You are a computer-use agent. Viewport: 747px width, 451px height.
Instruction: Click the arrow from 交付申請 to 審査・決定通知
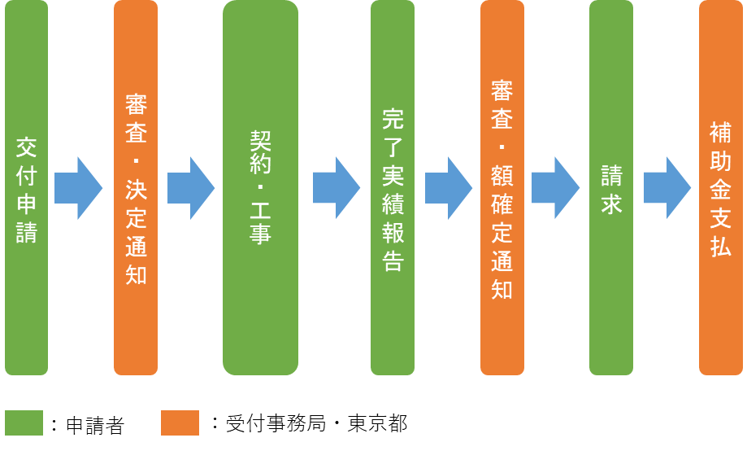coord(79,188)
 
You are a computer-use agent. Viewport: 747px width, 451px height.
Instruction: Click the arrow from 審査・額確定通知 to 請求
coord(555,188)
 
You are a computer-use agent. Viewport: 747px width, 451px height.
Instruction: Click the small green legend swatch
coord(24,423)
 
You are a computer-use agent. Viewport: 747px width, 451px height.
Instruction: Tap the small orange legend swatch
coord(180,423)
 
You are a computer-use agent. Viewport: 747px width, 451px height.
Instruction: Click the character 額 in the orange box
coord(502,175)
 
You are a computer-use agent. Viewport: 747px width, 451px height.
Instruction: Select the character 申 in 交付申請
coord(27,204)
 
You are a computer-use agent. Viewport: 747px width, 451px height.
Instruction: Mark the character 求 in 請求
coord(611,204)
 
